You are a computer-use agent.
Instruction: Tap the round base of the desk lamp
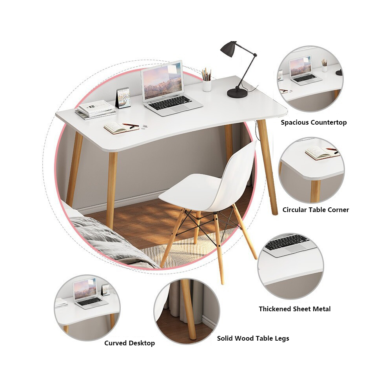[237, 93]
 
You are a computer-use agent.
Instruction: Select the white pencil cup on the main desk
[207, 85]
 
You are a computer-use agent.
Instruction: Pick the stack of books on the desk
[96, 110]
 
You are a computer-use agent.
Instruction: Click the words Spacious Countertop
[314, 122]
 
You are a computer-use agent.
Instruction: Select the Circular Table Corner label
[316, 210]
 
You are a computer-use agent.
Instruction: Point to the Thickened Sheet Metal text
[295, 309]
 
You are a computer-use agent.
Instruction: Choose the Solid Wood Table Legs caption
[253, 339]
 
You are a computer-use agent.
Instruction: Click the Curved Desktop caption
[129, 343]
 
